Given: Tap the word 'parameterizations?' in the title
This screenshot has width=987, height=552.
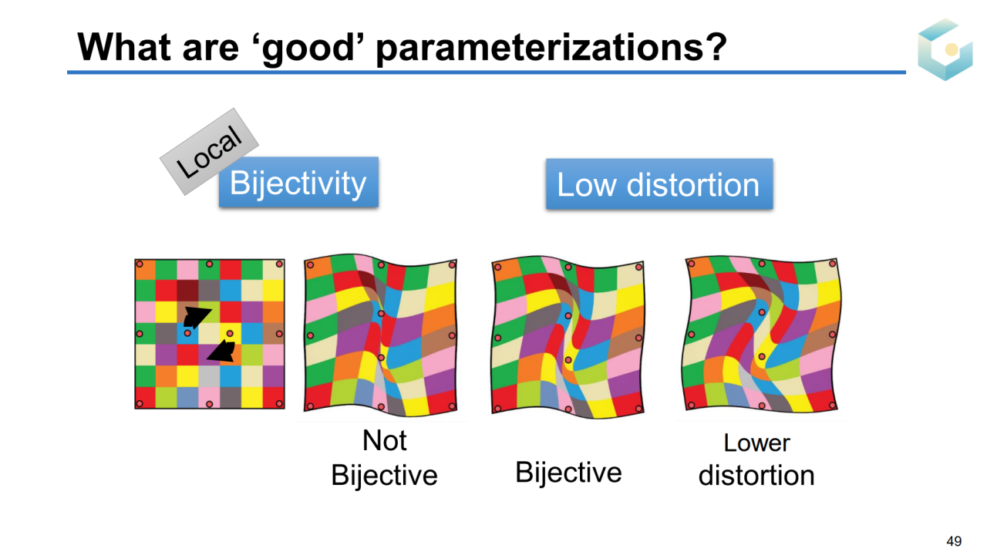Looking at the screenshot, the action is pyautogui.click(x=551, y=49).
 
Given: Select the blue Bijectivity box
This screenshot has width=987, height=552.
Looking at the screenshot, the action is pyautogui.click(x=298, y=182).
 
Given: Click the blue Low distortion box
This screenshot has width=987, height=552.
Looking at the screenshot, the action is pyautogui.click(x=659, y=183).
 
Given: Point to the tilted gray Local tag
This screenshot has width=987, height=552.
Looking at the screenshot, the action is pyautogui.click(x=209, y=151).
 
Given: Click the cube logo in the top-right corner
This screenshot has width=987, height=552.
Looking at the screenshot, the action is pyautogui.click(x=945, y=49).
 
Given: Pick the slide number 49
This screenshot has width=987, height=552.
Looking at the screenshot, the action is pyautogui.click(x=954, y=540).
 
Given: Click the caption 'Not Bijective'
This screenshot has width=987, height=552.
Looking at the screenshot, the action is pyautogui.click(x=384, y=458).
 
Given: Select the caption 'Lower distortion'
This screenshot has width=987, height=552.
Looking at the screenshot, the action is pyautogui.click(x=756, y=459).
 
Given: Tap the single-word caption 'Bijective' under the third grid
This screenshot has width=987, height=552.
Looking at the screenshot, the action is pyautogui.click(x=568, y=473).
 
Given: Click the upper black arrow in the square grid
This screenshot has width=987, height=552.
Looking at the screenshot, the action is pyautogui.click(x=196, y=317).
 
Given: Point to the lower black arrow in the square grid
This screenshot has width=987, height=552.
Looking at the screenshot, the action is pyautogui.click(x=221, y=351).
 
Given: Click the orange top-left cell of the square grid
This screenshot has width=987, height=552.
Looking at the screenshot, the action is pyautogui.click(x=146, y=270).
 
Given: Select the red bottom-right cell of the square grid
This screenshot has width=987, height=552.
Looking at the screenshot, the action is pyautogui.click(x=274, y=397).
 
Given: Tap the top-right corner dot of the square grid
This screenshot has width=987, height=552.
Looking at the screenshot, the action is pyautogui.click(x=279, y=264).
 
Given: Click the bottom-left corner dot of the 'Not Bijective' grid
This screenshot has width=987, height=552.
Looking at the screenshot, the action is pyautogui.click(x=310, y=406).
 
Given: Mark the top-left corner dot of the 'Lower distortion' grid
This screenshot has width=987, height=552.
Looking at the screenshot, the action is pyautogui.click(x=692, y=264).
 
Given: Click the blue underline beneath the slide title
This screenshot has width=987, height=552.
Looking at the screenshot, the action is pyautogui.click(x=487, y=72).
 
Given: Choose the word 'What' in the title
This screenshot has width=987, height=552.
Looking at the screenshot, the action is pyautogui.click(x=124, y=47).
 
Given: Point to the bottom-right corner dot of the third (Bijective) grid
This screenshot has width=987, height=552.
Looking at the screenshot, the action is pyautogui.click(x=639, y=409).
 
